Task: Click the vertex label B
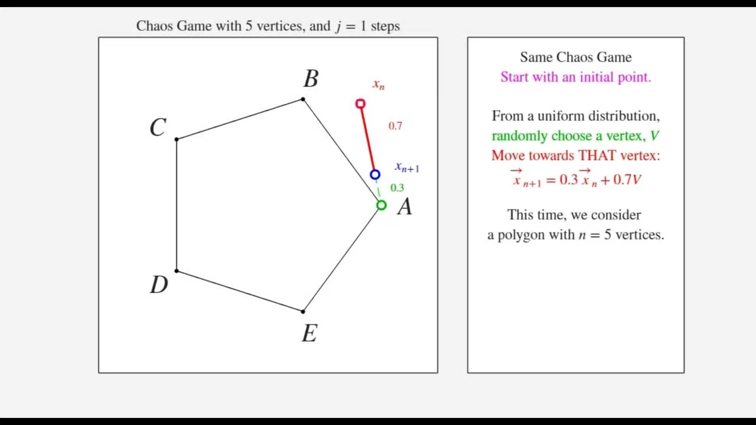[x=311, y=79]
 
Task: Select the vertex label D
[x=159, y=285]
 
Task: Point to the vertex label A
[x=405, y=207]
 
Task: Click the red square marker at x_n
[x=360, y=104]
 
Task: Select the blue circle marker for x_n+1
[x=375, y=175]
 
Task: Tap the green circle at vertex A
[x=382, y=205]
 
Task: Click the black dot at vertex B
[x=303, y=99]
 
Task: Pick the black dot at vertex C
[x=177, y=139]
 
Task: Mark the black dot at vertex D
[x=177, y=271]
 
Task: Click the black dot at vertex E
[x=303, y=311]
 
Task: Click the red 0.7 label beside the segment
[x=395, y=126]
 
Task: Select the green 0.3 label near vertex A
[x=397, y=188]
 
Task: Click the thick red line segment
[x=367, y=139]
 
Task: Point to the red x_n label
[x=379, y=85]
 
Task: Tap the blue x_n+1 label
[x=407, y=168]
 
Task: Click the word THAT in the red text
[x=595, y=155]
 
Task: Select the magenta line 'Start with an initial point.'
[x=575, y=77]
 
